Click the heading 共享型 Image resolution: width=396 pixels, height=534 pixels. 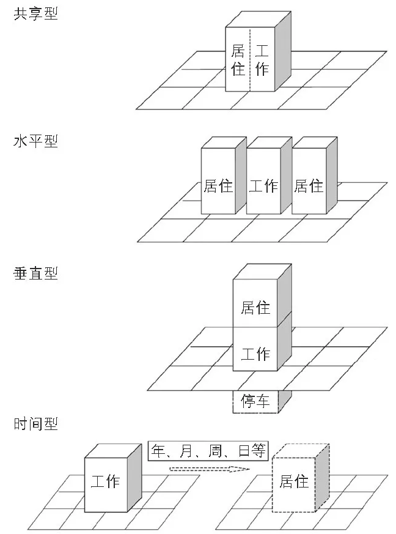[35, 13]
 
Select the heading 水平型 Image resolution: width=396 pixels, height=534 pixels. [35, 141]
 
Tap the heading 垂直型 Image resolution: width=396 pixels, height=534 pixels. [35, 273]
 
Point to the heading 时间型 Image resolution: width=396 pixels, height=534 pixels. [35, 424]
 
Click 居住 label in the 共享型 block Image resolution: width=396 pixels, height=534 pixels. [238, 59]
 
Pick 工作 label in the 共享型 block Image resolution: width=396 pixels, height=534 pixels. [262, 59]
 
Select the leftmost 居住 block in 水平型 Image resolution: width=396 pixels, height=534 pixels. [218, 185]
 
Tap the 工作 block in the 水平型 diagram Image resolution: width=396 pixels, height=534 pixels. [263, 185]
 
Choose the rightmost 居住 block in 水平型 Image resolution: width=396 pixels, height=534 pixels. [309, 185]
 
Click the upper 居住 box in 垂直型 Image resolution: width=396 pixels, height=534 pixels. [255, 306]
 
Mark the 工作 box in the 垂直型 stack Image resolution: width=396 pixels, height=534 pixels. [255, 353]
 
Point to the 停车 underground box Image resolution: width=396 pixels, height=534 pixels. [255, 401]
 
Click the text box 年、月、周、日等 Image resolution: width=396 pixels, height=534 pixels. [208, 451]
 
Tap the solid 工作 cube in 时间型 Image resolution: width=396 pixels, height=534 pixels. [105, 481]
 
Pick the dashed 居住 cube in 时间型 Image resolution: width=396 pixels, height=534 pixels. [293, 481]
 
